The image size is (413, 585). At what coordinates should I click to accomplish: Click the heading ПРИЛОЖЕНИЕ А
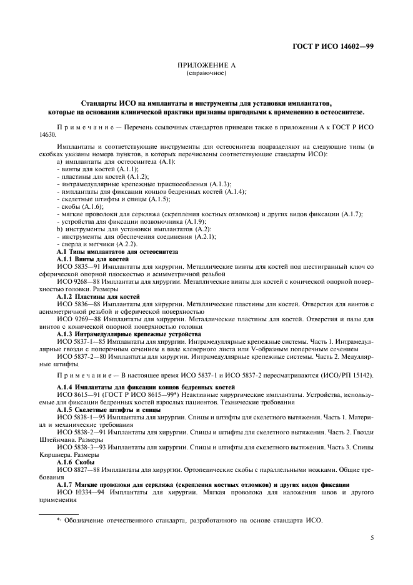coord(206,66)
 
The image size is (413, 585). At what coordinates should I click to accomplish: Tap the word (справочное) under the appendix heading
coord(206,73)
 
